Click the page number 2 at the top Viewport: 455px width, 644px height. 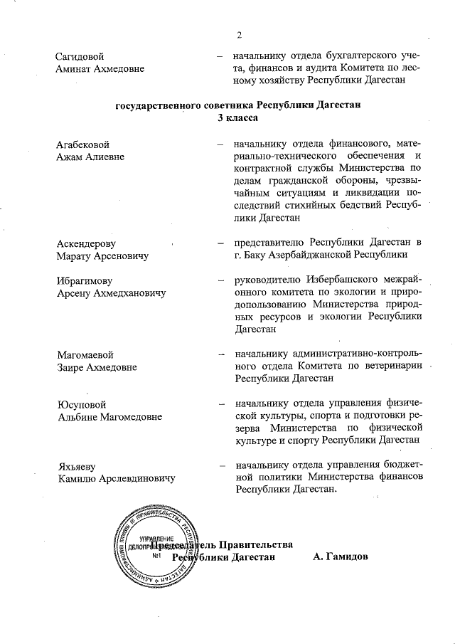tap(240, 35)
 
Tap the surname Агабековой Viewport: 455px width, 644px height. tap(83, 144)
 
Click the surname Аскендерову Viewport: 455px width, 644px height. tap(85, 243)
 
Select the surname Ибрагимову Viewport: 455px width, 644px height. tap(85, 280)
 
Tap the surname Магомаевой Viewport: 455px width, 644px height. tap(85, 354)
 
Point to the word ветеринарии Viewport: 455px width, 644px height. tap(394, 366)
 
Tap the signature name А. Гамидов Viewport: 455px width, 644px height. tap(340, 556)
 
